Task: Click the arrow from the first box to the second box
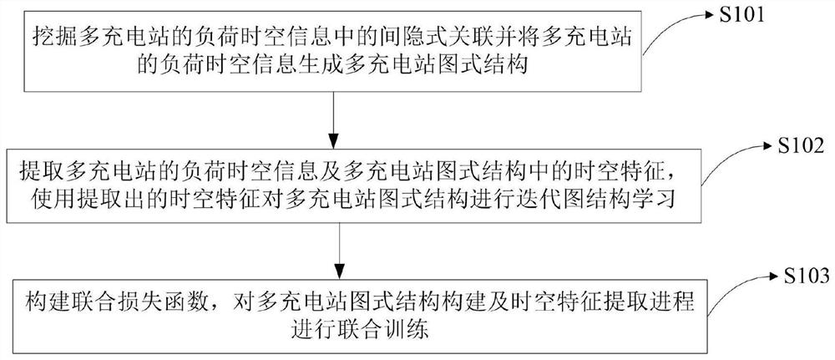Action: [334, 120]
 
